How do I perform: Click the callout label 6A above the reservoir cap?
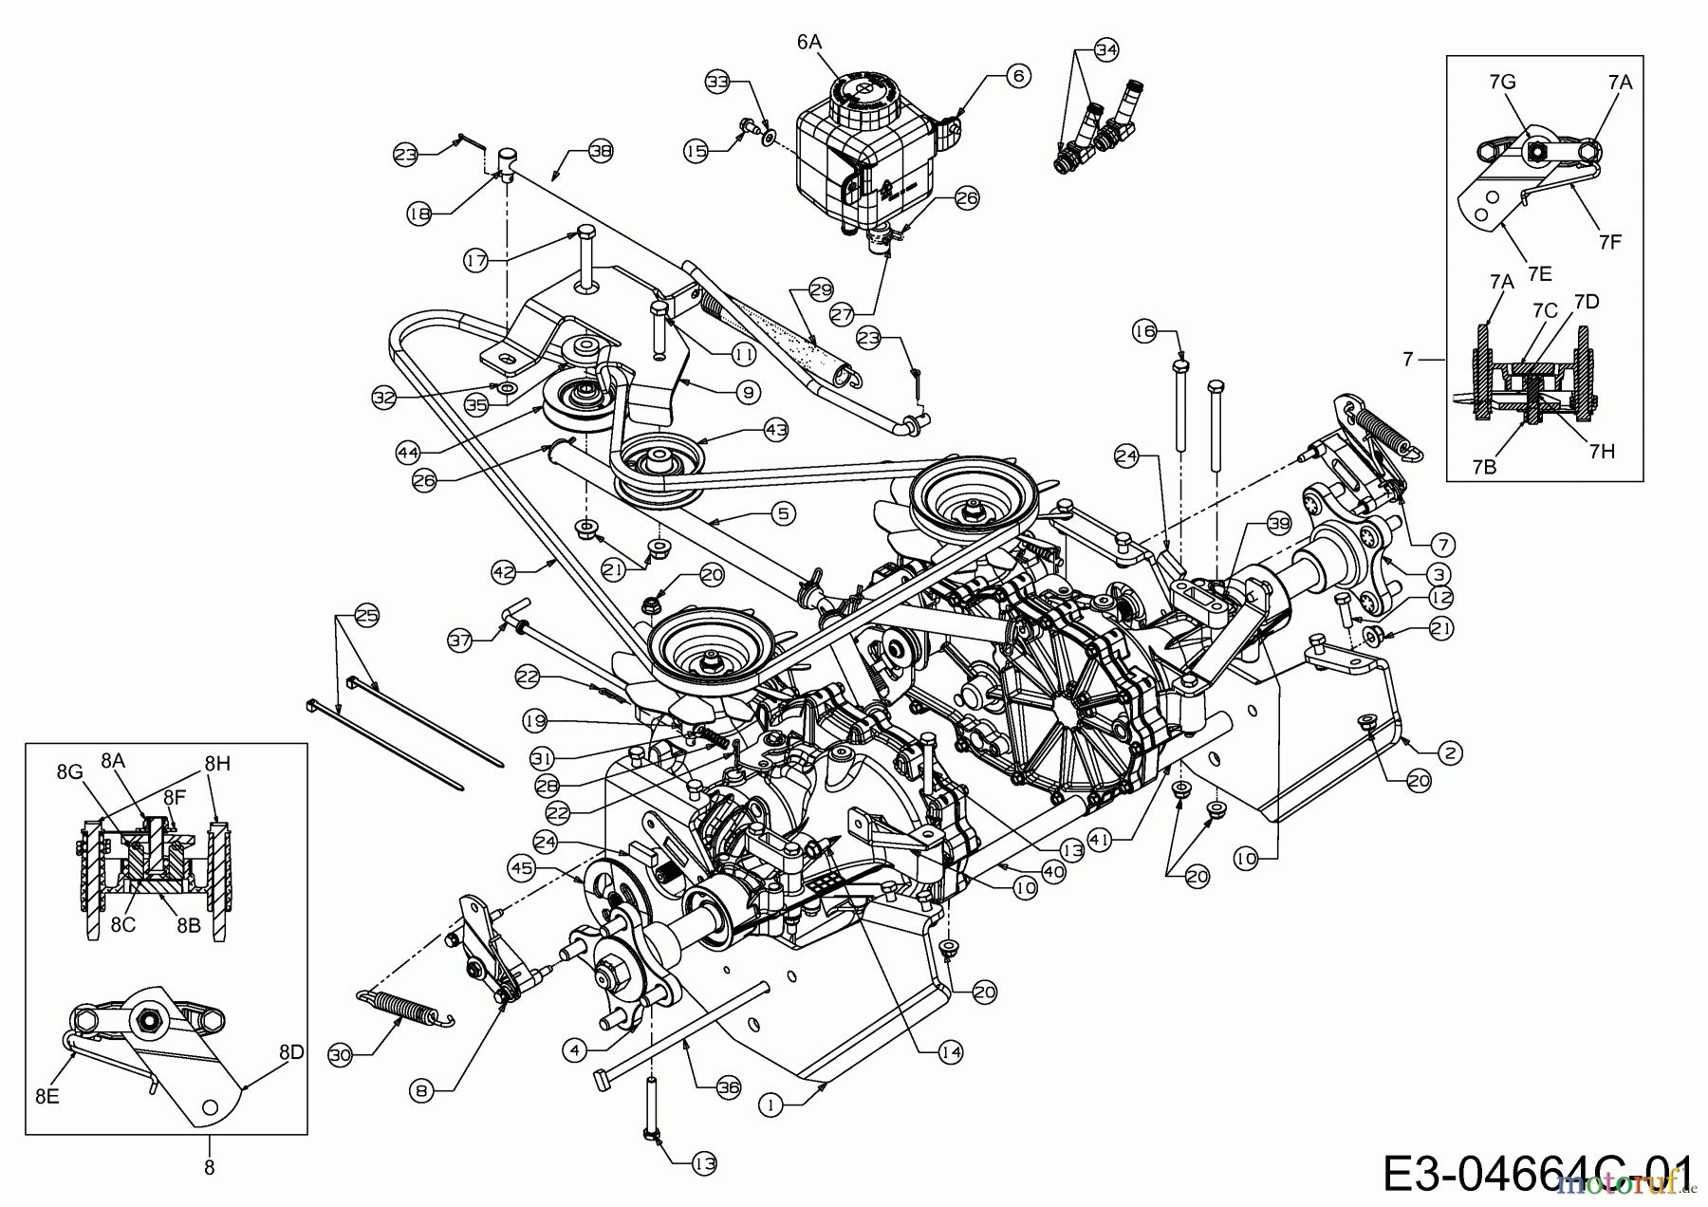[808, 42]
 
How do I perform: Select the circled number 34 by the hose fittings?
[1105, 50]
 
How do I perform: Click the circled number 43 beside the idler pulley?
[776, 430]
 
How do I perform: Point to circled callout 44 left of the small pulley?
[409, 455]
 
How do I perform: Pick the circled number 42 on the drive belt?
[505, 571]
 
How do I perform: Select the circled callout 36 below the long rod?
[728, 1088]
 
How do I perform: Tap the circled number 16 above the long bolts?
[1146, 330]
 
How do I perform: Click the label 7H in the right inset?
[1601, 452]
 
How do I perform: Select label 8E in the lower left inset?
[47, 1097]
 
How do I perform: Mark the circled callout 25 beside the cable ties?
[365, 617]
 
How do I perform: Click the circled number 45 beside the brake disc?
[523, 868]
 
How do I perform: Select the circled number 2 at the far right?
[1449, 753]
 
